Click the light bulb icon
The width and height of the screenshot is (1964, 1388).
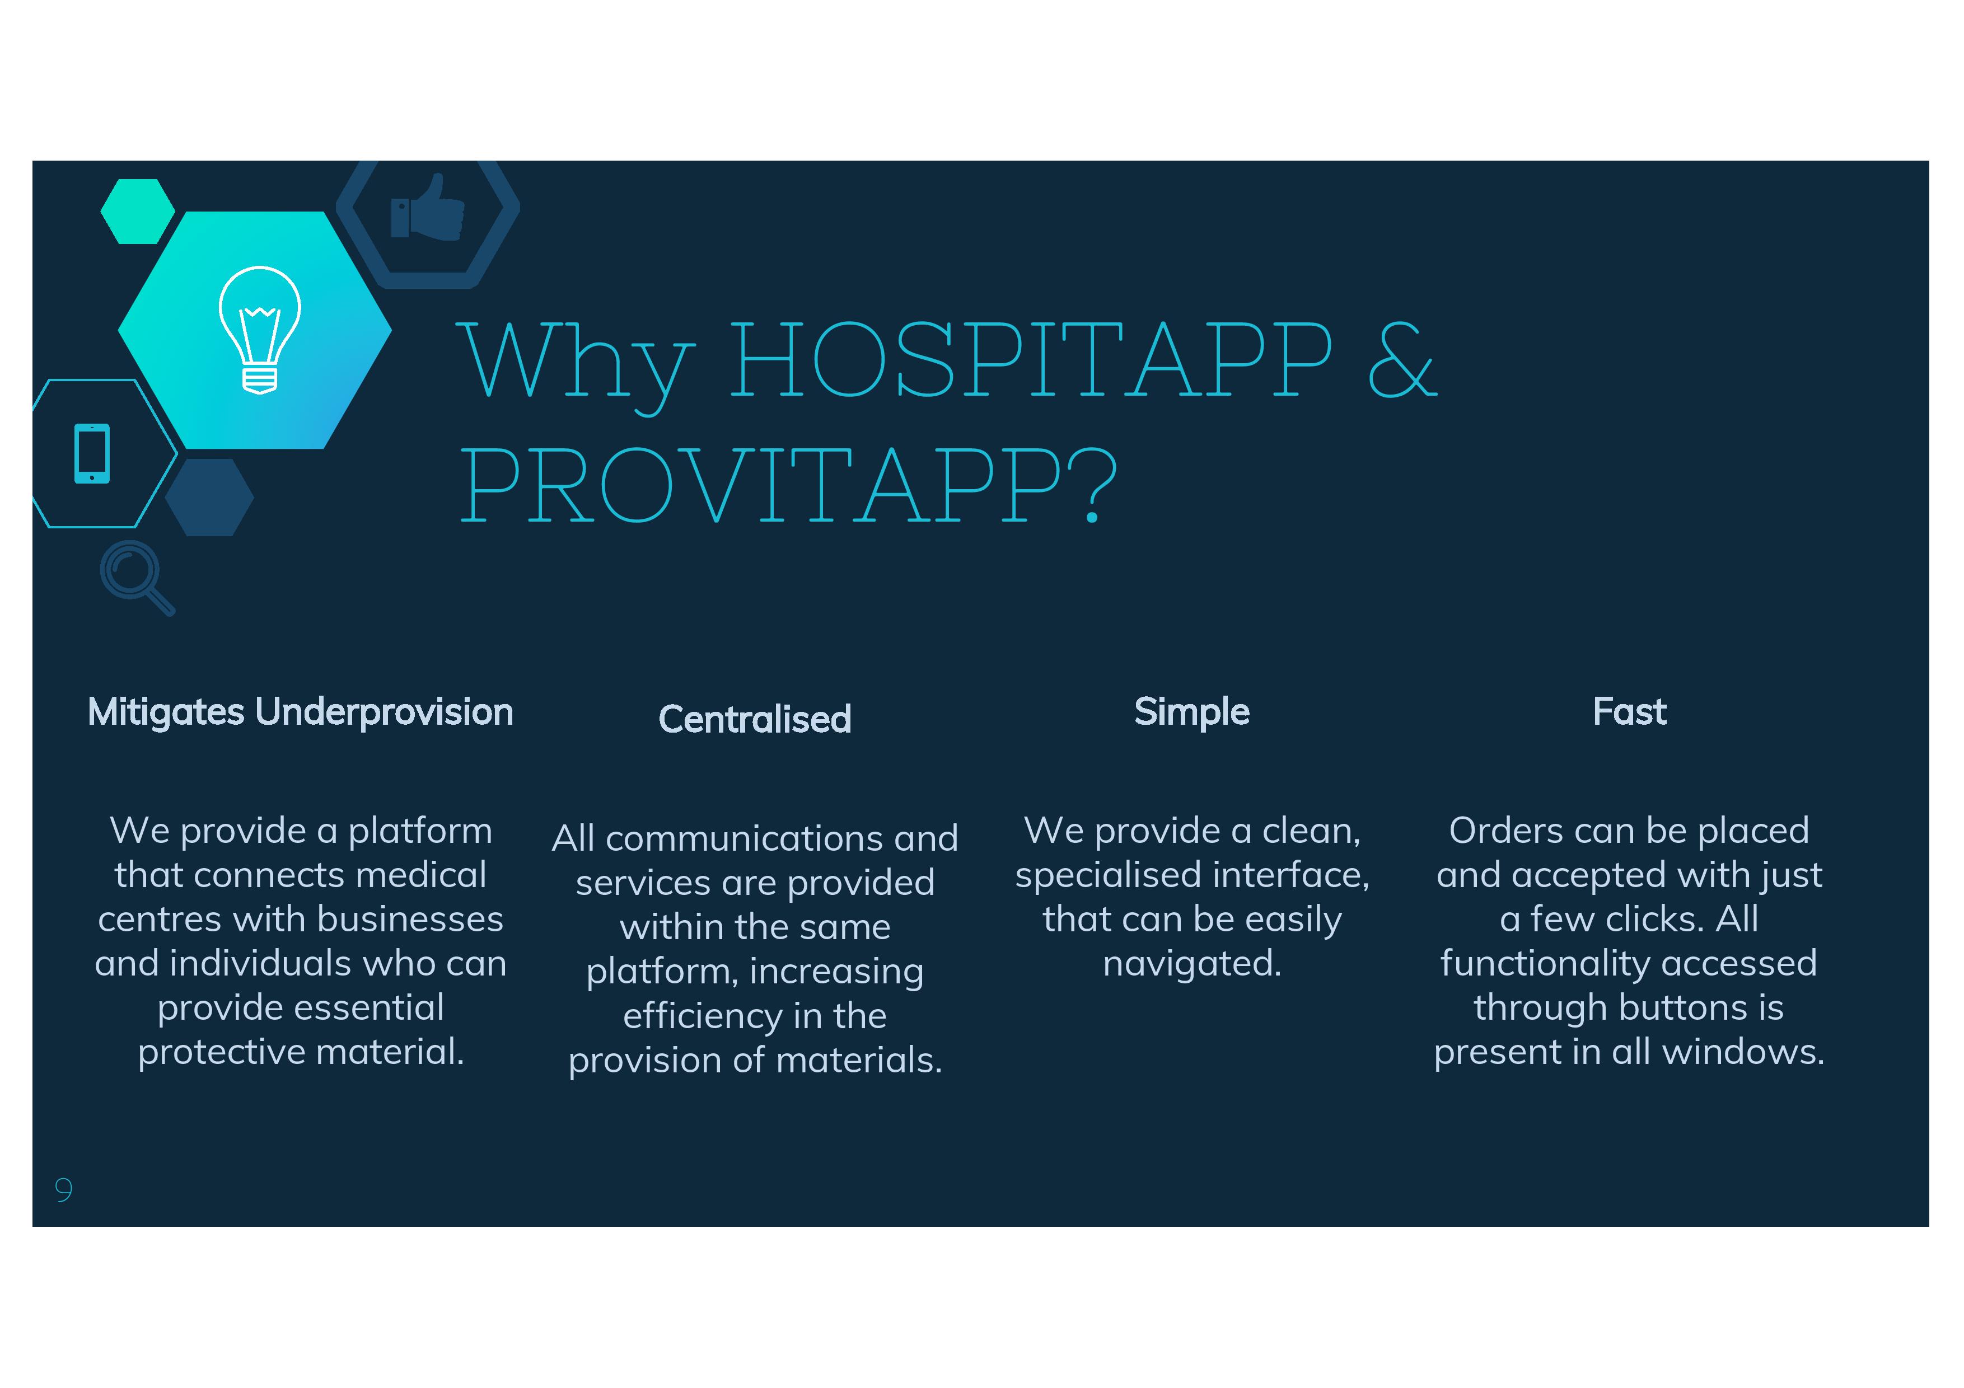coord(260,330)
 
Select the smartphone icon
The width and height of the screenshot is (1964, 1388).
coord(92,453)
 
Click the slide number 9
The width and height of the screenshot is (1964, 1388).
coord(63,1189)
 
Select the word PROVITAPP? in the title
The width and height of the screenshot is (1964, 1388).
coord(789,485)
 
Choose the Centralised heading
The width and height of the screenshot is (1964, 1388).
coord(755,719)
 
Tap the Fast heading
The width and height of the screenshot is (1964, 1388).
coord(1630,711)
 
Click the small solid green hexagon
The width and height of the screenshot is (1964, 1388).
coord(138,211)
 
